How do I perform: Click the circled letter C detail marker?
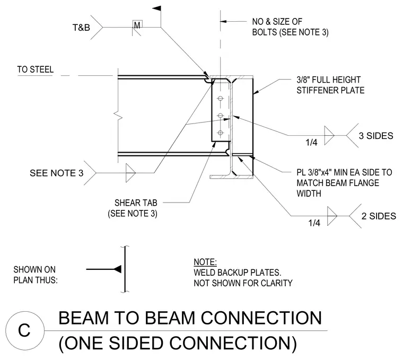tap(24, 330)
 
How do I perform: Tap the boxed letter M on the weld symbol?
tap(137, 25)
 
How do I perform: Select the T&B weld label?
tap(81, 28)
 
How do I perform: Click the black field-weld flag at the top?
tap(157, 8)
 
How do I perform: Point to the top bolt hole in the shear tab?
tap(220, 98)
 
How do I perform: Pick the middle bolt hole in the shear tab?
tap(220, 116)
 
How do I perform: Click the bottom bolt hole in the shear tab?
tap(220, 133)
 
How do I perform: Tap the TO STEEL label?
tap(36, 69)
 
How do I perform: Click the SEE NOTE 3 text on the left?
tap(57, 173)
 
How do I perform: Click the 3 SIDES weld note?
tap(376, 136)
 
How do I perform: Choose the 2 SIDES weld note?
tap(379, 216)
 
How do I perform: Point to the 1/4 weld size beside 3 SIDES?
tap(311, 142)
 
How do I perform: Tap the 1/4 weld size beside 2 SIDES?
tap(314, 223)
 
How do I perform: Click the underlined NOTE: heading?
tap(205, 262)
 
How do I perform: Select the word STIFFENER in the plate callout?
tap(318, 90)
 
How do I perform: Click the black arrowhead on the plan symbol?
tap(118, 269)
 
